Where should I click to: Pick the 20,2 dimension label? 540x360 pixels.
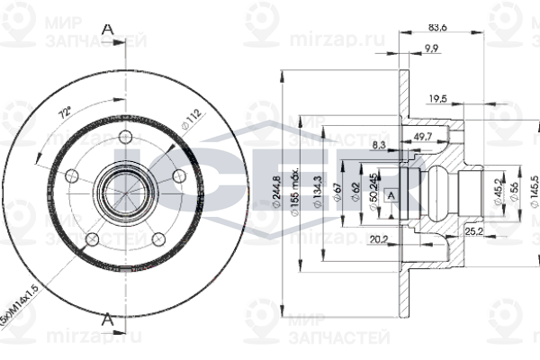[x=378, y=239]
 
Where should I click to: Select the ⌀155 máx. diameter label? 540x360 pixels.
[x=295, y=191]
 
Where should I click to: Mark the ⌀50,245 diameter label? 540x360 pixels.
[x=373, y=191]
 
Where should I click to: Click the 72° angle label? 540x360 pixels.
[x=64, y=116]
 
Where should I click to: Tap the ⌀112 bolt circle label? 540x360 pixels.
[x=190, y=120]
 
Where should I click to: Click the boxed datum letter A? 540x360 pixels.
[x=391, y=193]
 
